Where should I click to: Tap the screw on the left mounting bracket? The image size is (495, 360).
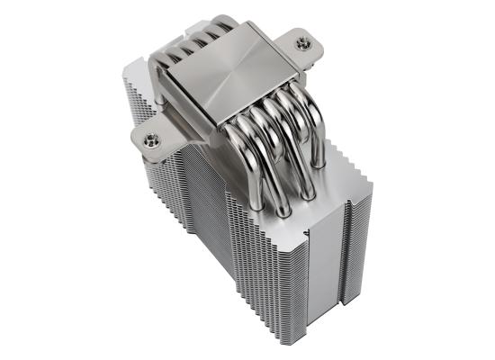pyautogui.click(x=149, y=136)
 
